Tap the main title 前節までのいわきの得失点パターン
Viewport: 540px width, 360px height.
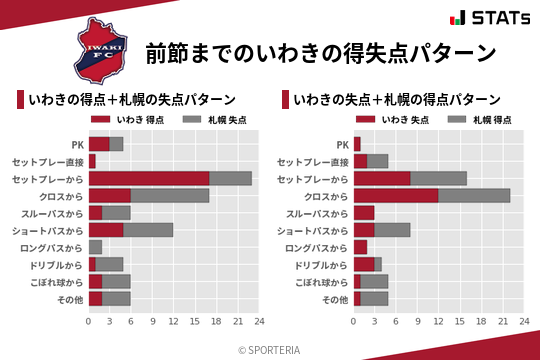(320, 52)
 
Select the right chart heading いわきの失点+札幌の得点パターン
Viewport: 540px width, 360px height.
(396, 99)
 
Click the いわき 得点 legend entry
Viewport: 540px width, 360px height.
(127, 119)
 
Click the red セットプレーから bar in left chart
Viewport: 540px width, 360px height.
(149, 178)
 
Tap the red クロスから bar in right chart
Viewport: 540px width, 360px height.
(396, 195)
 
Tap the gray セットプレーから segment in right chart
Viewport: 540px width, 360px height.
(438, 178)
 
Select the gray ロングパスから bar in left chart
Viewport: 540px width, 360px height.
(95, 246)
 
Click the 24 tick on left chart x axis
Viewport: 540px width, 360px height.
(259, 322)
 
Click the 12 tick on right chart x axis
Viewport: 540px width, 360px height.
(438, 322)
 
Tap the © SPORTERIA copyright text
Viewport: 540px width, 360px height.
(270, 349)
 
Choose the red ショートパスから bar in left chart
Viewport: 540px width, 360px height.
(106, 229)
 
